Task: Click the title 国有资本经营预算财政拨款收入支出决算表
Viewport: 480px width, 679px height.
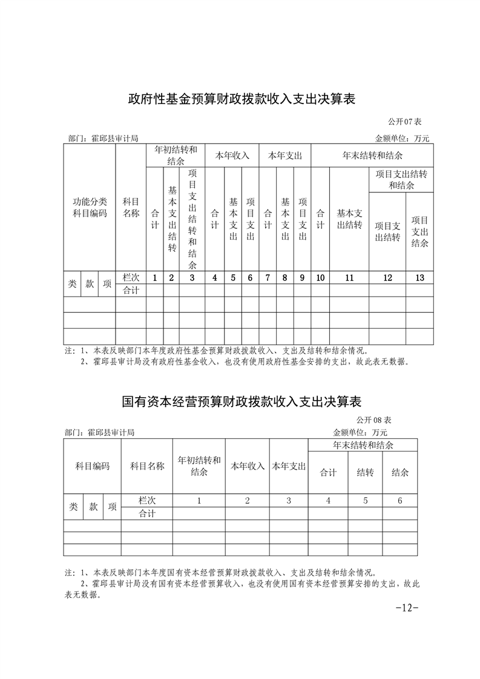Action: coord(241,401)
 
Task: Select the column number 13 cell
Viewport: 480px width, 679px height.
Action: coord(419,278)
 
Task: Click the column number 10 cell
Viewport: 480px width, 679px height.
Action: coord(320,278)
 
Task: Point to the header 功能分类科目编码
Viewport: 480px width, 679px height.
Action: coord(90,208)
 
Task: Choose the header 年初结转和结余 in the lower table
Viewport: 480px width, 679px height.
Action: coord(199,465)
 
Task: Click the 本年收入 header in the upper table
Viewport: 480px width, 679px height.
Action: coord(232,156)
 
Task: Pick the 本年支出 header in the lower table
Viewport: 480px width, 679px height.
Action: coord(289,466)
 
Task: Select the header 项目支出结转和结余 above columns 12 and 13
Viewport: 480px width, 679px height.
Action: coord(401,180)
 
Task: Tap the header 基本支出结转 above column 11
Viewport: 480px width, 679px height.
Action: coord(349,219)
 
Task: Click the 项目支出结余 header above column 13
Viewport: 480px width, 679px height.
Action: coord(419,232)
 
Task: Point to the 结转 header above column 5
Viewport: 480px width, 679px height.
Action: coord(364,473)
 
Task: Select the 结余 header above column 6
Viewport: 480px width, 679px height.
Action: coord(399,473)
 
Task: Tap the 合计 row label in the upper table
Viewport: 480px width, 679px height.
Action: coord(131,290)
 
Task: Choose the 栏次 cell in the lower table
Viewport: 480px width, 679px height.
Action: coord(147,500)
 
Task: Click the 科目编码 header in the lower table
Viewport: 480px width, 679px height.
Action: coord(92,466)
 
